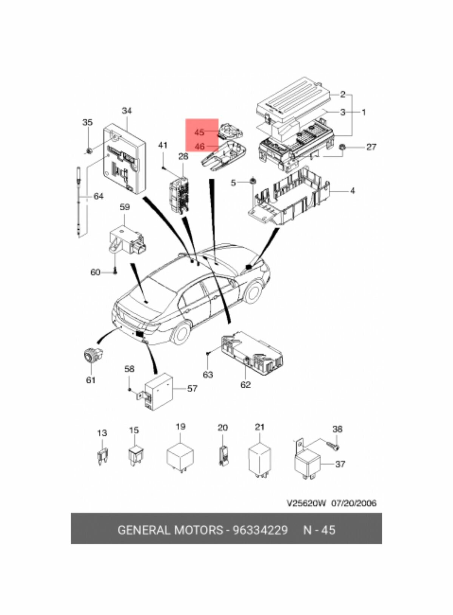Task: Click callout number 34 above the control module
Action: click(126, 111)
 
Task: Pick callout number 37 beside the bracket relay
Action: click(340, 464)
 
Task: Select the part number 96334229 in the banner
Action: click(260, 530)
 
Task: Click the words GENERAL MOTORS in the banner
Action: click(170, 530)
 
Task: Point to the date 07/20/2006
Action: click(354, 503)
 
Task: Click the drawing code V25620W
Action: click(306, 503)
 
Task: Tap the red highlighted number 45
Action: click(199, 132)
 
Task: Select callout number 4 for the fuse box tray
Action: click(352, 191)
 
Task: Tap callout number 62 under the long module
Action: click(245, 385)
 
